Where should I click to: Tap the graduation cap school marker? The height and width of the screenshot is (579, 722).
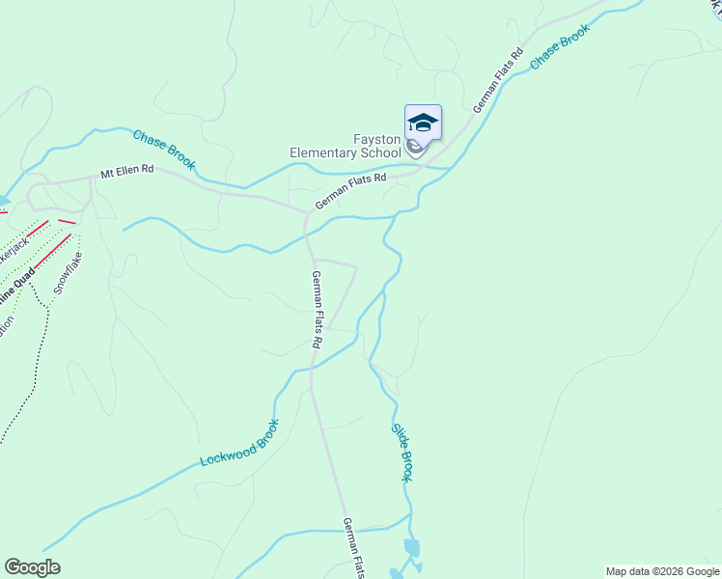coord(423,123)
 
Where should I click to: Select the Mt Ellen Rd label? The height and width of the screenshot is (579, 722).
coord(126,173)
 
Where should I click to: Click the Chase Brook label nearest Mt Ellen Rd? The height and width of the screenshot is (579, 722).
coord(164,150)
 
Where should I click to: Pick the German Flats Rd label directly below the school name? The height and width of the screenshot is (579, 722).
coord(349,191)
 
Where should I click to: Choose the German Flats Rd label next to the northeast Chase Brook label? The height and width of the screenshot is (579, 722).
coord(497,79)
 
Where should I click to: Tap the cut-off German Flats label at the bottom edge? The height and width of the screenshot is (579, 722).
coord(354,548)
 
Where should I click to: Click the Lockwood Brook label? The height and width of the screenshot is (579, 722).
coord(239,443)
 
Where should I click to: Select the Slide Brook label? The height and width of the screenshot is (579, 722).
coord(403,453)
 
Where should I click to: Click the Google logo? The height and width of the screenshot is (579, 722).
coord(32,567)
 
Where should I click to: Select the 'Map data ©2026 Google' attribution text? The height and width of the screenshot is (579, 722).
coord(662,571)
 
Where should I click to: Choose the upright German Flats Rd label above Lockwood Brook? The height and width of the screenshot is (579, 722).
coord(316,309)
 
